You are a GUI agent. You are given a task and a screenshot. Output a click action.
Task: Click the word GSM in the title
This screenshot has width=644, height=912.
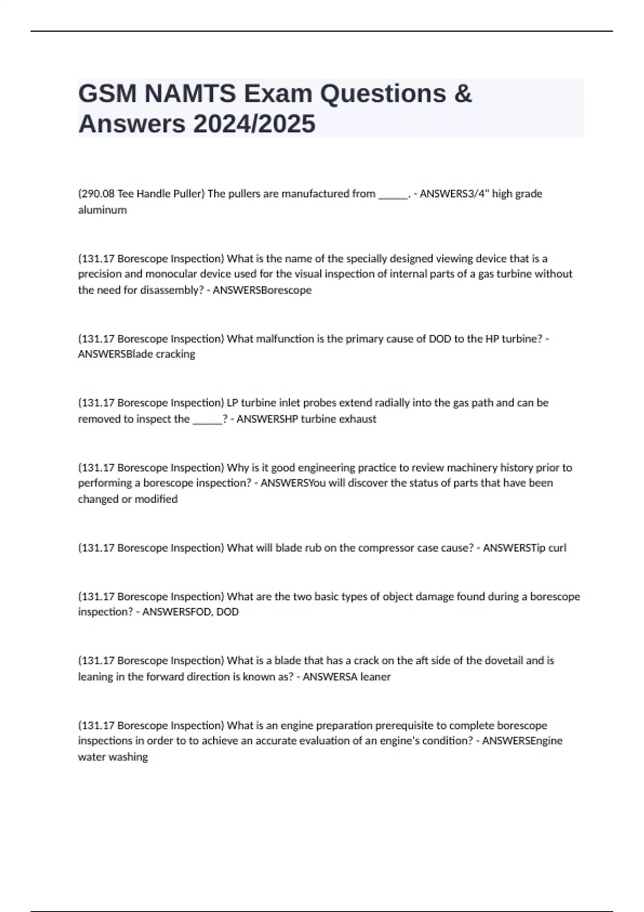107,94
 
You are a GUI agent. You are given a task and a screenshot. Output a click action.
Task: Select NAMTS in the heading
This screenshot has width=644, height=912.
190,94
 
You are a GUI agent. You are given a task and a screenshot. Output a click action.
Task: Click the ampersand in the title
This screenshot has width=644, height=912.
463,94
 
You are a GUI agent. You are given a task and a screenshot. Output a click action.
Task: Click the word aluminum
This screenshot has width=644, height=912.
103,210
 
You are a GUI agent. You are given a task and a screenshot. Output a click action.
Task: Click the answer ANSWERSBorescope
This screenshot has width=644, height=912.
262,290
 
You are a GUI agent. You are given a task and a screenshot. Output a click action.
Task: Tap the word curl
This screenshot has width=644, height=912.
557,548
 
